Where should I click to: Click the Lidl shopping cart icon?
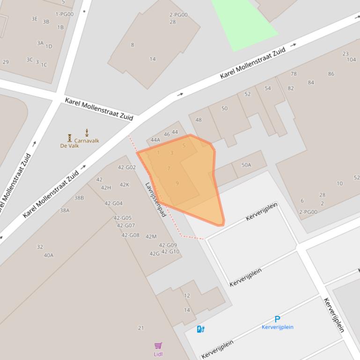(158, 346)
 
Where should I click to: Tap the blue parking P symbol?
(278, 320)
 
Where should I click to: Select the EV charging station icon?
(200, 329)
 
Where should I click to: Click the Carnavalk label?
(87, 140)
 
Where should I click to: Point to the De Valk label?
(69, 146)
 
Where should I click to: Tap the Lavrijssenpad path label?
(155, 200)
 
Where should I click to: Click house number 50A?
(246, 165)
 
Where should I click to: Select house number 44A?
(155, 140)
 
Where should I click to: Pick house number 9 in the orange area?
(177, 183)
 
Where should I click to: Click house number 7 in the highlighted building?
(169, 168)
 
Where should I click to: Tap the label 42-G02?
(127, 167)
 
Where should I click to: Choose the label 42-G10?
(170, 252)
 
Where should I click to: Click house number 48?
(198, 120)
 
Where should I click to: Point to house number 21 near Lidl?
(141, 328)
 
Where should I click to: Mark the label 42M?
(151, 237)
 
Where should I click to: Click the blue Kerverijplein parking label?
(278, 327)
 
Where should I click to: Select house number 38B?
(79, 198)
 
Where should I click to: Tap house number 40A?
(49, 255)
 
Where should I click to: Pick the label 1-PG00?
(65, 14)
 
